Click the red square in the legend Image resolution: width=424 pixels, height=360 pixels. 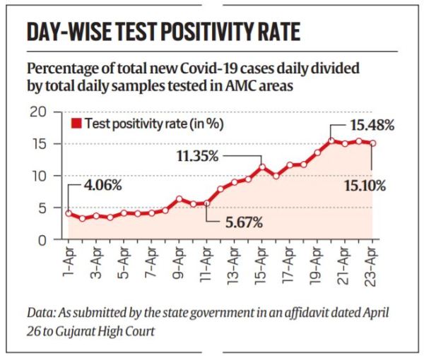[77, 124]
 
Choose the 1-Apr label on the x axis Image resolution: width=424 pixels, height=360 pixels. [69, 260]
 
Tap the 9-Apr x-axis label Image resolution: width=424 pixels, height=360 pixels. [179, 260]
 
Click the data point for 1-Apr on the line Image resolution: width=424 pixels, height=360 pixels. [69, 213]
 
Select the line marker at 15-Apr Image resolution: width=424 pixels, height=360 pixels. [262, 167]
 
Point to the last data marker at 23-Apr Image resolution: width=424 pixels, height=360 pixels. [372, 143]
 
